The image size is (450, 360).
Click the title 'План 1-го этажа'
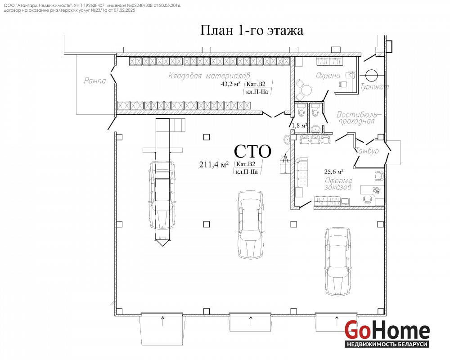coord(252,30)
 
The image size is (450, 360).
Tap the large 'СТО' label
coord(252,151)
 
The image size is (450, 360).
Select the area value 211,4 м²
coord(214,165)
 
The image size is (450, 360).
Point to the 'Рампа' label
coord(94,81)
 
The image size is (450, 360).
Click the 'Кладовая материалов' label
coord(209,76)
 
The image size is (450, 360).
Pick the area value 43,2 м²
coord(230,84)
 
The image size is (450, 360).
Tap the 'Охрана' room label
coord(328,76)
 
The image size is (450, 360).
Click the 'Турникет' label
coord(374,87)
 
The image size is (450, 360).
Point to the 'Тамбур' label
coord(367,151)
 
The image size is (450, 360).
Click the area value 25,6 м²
coord(334,172)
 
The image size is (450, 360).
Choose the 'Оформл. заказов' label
coord(339,184)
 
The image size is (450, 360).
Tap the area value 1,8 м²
coord(300,126)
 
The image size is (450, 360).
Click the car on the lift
coord(162,195)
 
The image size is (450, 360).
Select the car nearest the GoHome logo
coord(338,261)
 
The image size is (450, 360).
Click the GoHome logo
coord(387,333)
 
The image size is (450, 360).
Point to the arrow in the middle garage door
coord(251,321)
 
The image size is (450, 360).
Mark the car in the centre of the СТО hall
coord(251,225)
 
